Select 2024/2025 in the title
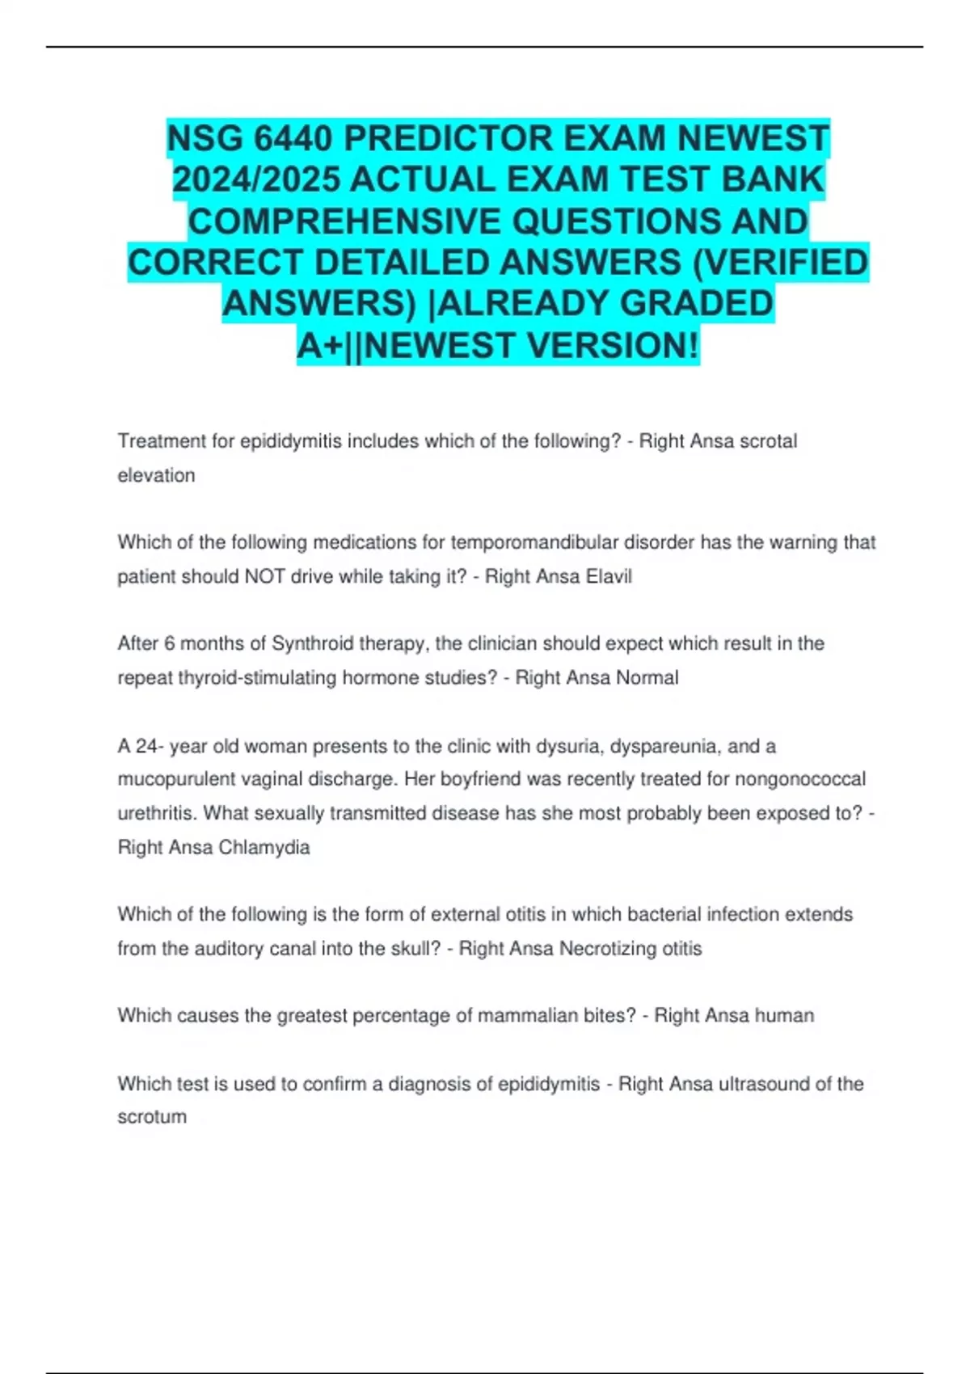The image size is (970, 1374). coord(256,180)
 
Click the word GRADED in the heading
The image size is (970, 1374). coord(696,304)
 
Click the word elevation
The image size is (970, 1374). coord(156,475)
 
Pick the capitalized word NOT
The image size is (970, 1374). coord(264,576)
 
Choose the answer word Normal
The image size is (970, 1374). coord(647,677)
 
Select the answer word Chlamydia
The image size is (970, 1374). coord(264,847)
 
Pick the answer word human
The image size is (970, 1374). coord(784,1015)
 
